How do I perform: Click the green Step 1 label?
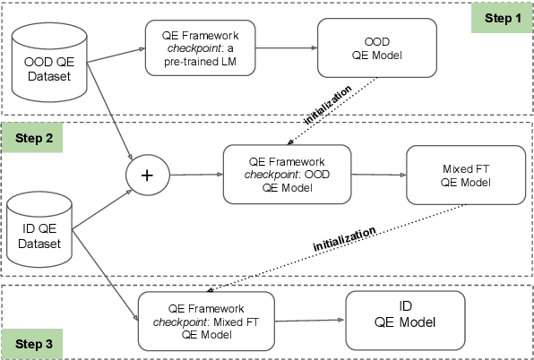point(502,17)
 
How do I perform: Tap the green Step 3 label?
point(33,343)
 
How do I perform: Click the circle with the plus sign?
point(147,176)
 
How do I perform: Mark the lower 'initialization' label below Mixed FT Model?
point(344,236)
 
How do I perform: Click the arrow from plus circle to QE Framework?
point(195,175)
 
